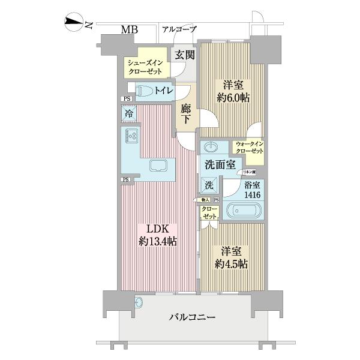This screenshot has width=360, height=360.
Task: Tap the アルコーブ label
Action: (x=179, y=29)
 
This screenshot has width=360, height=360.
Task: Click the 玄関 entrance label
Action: (x=184, y=55)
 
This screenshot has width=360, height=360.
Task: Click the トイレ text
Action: (x=164, y=91)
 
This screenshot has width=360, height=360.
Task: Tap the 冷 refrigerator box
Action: (x=129, y=112)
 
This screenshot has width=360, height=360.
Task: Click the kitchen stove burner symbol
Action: (x=133, y=136)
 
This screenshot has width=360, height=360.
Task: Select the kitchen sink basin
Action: (x=158, y=166)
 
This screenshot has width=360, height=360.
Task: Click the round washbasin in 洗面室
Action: (x=211, y=147)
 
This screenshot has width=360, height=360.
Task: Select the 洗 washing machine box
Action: (x=208, y=184)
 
